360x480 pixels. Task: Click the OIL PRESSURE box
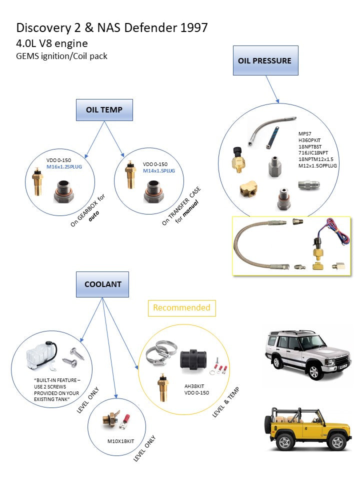[265, 60]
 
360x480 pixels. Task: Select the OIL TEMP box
[104, 109]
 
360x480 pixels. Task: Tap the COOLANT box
[102, 283]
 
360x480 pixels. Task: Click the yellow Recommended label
[181, 307]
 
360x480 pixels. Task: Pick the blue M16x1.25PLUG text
[64, 167]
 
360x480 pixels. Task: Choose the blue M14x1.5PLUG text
[158, 170]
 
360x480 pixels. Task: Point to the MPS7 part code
[305, 134]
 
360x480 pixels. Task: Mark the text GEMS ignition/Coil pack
[62, 56]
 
